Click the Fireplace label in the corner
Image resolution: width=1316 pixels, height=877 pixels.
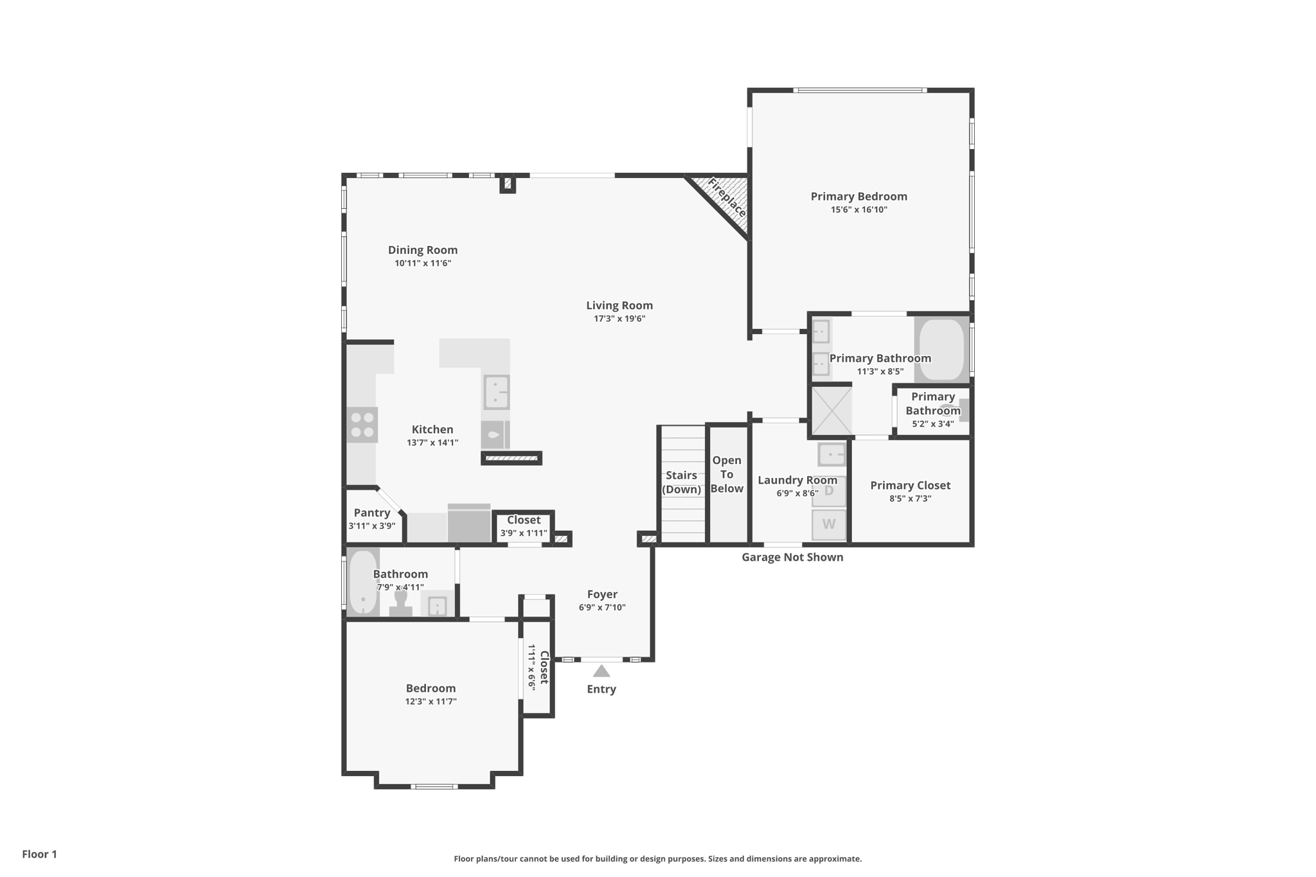click(727, 198)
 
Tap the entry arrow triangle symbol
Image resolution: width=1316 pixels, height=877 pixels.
click(601, 671)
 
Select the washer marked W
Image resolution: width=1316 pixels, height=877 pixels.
click(828, 524)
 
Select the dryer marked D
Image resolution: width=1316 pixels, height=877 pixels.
click(828, 491)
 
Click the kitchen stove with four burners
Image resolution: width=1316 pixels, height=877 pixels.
click(362, 425)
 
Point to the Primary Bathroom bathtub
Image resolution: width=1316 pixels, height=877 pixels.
click(941, 350)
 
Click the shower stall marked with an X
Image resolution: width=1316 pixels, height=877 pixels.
click(831, 411)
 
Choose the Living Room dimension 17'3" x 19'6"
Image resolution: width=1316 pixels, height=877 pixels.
click(619, 319)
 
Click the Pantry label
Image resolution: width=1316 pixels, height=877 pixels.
click(371, 513)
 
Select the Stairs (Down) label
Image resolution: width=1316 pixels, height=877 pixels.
click(681, 482)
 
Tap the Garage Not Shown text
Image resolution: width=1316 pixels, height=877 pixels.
click(792, 557)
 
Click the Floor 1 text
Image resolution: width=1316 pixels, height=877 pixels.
click(39, 854)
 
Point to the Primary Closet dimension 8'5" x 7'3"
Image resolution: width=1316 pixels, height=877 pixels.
click(910, 499)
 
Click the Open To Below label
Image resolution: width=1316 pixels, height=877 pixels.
click(727, 474)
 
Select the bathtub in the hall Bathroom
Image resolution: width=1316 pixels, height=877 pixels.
click(362, 581)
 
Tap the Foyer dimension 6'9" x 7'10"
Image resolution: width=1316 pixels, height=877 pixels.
click(601, 608)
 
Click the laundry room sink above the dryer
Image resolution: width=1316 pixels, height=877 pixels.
click(831, 454)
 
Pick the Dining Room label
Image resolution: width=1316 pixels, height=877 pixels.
click(422, 250)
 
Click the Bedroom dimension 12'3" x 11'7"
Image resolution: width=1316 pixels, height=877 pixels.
click(430, 702)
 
